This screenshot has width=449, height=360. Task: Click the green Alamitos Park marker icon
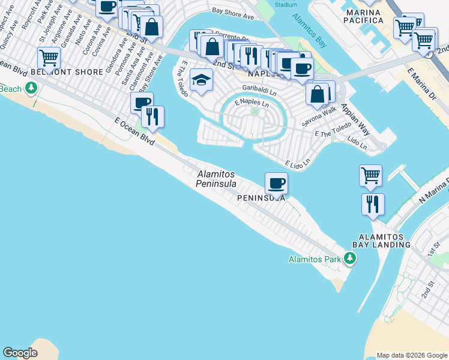click(349, 259)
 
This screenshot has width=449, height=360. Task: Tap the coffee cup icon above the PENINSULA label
click(276, 183)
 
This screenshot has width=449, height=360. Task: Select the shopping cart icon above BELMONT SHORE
click(49, 58)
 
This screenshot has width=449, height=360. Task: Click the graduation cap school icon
click(201, 79)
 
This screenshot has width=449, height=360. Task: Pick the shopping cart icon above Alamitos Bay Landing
click(371, 176)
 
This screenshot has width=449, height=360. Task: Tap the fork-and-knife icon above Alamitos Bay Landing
click(373, 204)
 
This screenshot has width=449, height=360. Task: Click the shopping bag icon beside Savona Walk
click(317, 94)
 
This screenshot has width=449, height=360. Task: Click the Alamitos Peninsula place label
click(216, 178)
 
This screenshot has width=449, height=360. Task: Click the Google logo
click(20, 353)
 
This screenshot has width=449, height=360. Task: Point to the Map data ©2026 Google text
click(412, 355)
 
